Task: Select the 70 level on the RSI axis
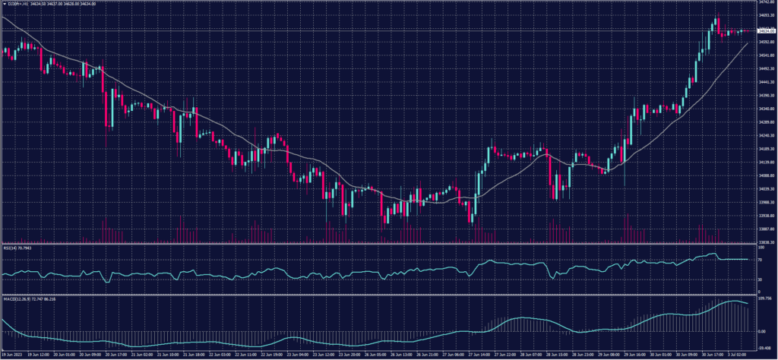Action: pos(761,260)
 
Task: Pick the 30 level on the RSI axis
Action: pos(761,279)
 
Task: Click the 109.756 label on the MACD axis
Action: pos(764,298)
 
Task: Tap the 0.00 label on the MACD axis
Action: pos(762,331)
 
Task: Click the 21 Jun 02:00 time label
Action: pos(143,355)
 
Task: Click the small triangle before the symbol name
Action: pos(4,5)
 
